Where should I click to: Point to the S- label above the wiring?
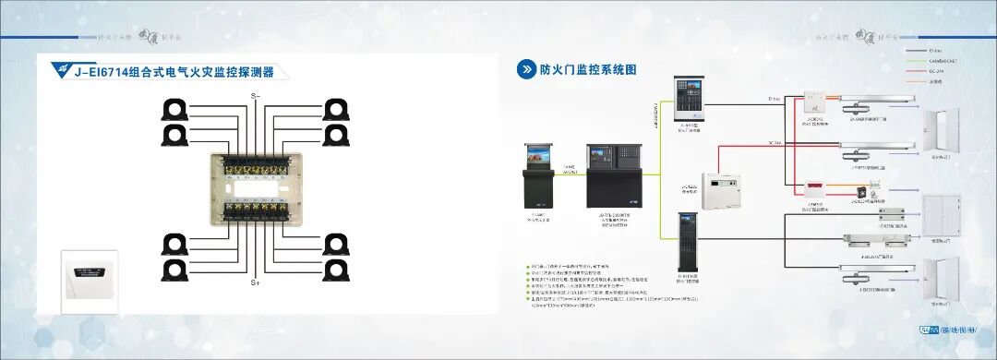tap(256, 95)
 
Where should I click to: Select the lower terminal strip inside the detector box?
tap(255, 209)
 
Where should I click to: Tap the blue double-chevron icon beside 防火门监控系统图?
tap(526, 69)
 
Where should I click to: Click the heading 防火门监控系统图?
tap(589, 69)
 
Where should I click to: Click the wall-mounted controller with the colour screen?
tap(690, 96)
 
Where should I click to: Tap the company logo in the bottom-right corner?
tap(956, 330)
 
